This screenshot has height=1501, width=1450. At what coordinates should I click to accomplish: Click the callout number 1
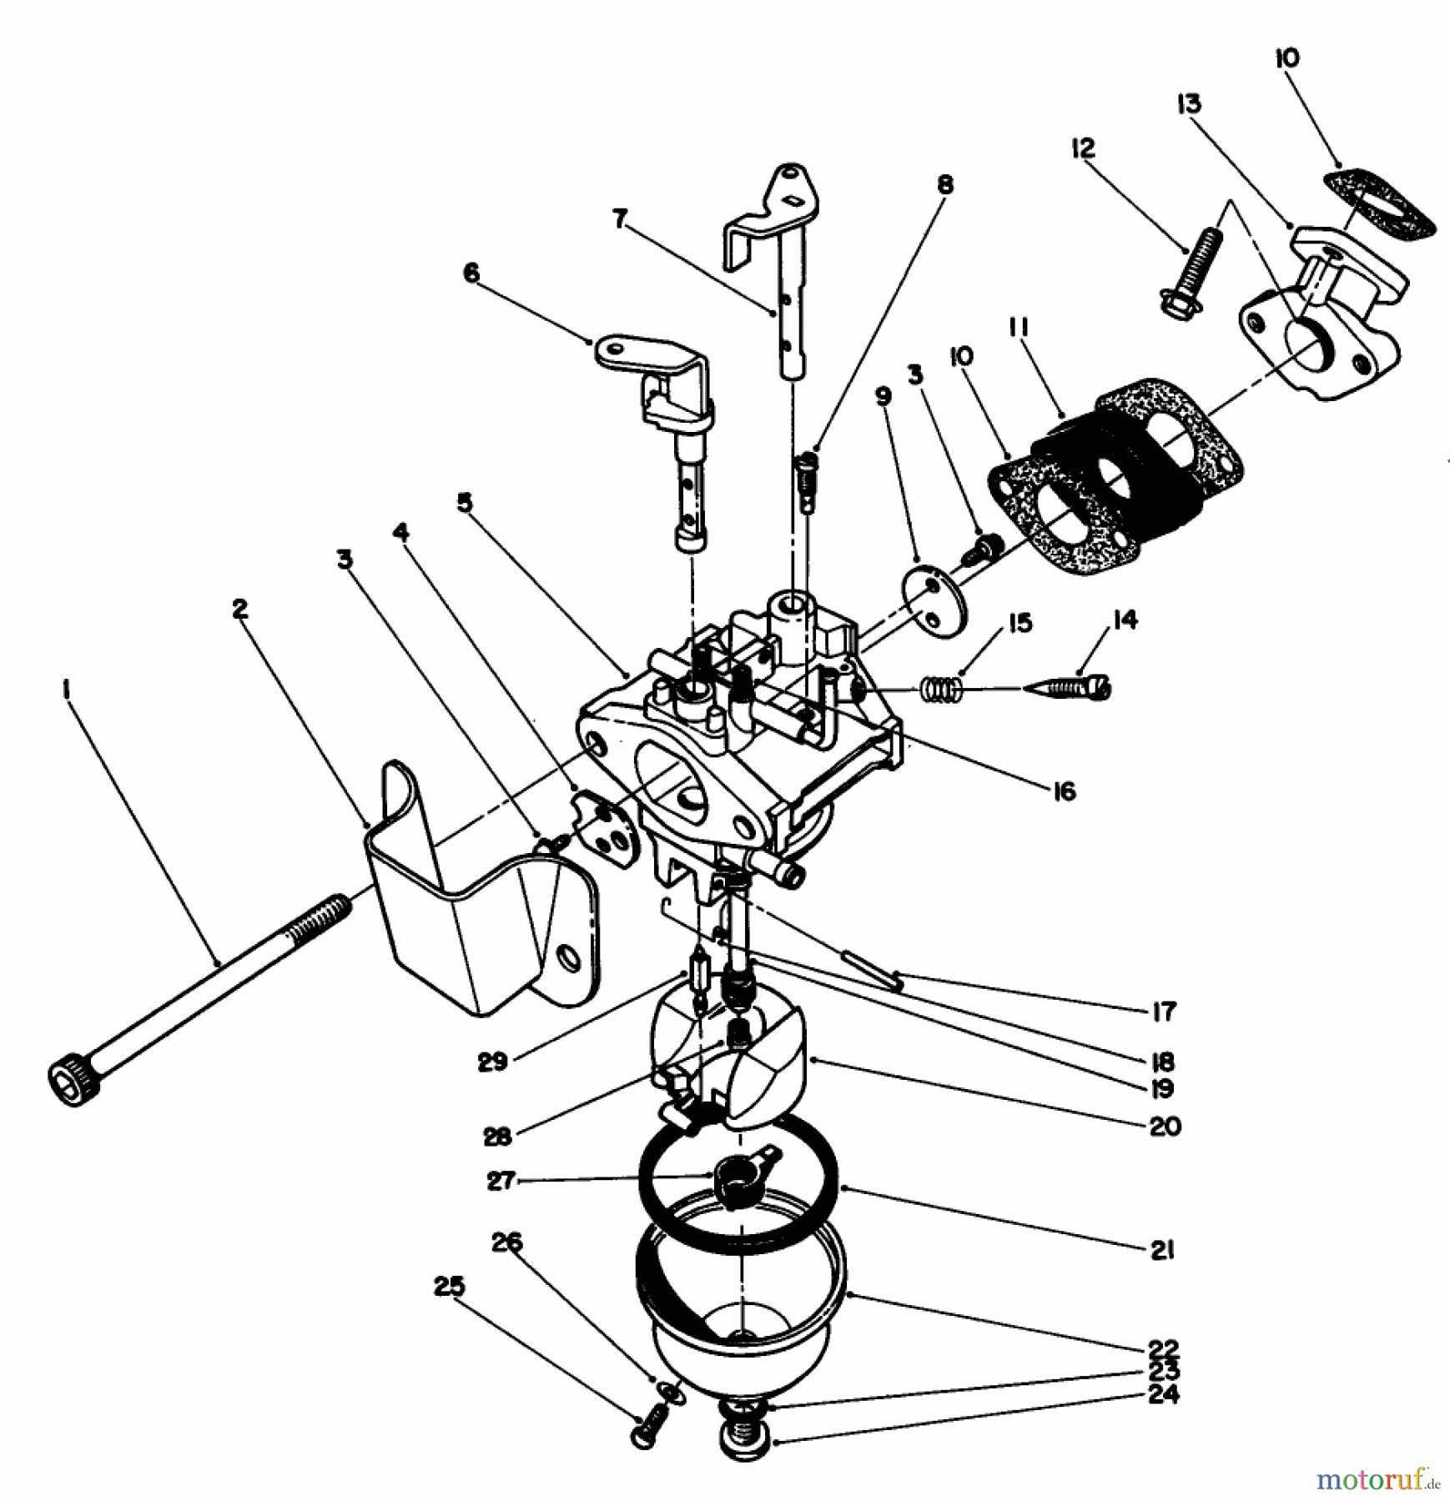pyautogui.click(x=67, y=689)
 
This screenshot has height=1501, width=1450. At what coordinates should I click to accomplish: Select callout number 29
pyautogui.click(x=493, y=1062)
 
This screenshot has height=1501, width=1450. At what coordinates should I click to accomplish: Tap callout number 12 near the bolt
pyautogui.click(x=1082, y=148)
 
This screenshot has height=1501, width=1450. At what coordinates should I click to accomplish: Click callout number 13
pyautogui.click(x=1189, y=104)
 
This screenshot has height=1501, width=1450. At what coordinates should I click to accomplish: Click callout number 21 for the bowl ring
pyautogui.click(x=1162, y=1249)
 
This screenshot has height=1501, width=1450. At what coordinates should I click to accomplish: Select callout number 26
pyautogui.click(x=506, y=1243)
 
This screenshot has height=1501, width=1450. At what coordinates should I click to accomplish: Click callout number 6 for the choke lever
pyautogui.click(x=472, y=274)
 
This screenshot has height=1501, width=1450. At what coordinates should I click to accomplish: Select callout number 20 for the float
pyautogui.click(x=1165, y=1127)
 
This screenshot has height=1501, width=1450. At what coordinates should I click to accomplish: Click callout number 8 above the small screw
pyautogui.click(x=944, y=184)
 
